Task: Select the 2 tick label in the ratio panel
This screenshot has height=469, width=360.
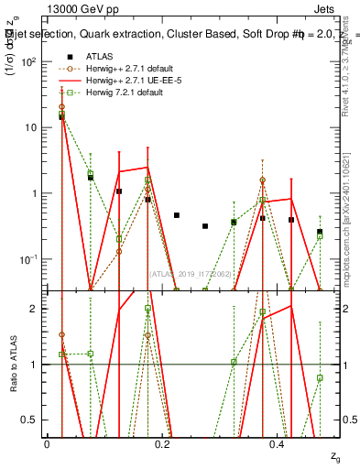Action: point(36,309)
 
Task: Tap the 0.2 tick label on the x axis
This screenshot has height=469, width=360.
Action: point(162,443)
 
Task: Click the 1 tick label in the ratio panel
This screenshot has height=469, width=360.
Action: point(36,365)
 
